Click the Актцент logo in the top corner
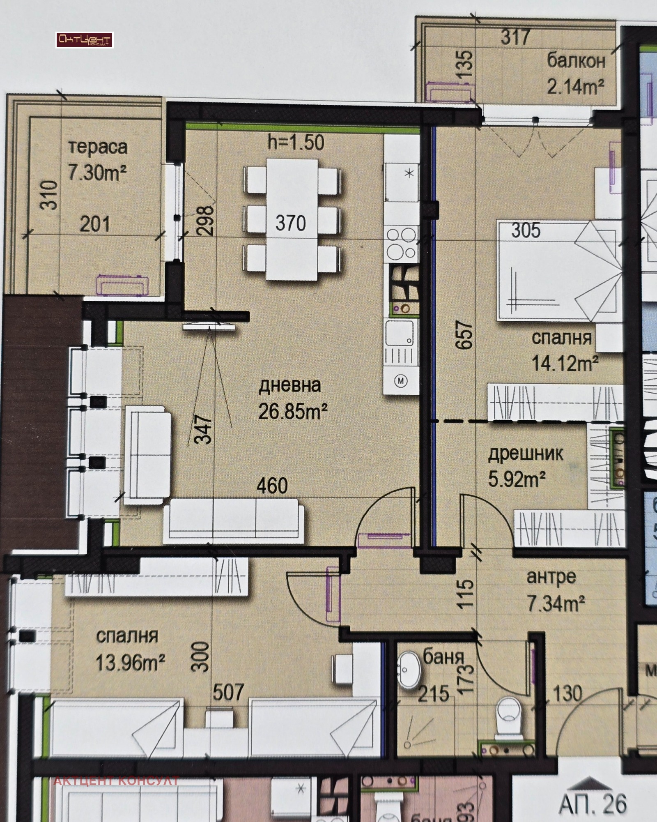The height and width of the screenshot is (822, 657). click(x=84, y=40)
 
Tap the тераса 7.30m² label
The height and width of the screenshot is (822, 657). click(x=97, y=160)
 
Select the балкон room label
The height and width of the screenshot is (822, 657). click(x=576, y=61)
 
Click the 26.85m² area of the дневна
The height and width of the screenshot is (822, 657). click(x=293, y=412)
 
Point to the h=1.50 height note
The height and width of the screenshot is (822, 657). click(x=296, y=143)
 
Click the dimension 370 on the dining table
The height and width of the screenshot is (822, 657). click(x=291, y=223)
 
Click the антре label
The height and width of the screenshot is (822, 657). click(x=551, y=577)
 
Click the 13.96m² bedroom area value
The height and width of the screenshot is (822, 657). click(x=130, y=662)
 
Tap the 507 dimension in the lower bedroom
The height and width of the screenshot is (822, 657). click(x=228, y=692)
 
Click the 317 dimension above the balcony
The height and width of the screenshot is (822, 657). click(x=516, y=37)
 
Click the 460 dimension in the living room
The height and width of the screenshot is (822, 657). click(x=272, y=486)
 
